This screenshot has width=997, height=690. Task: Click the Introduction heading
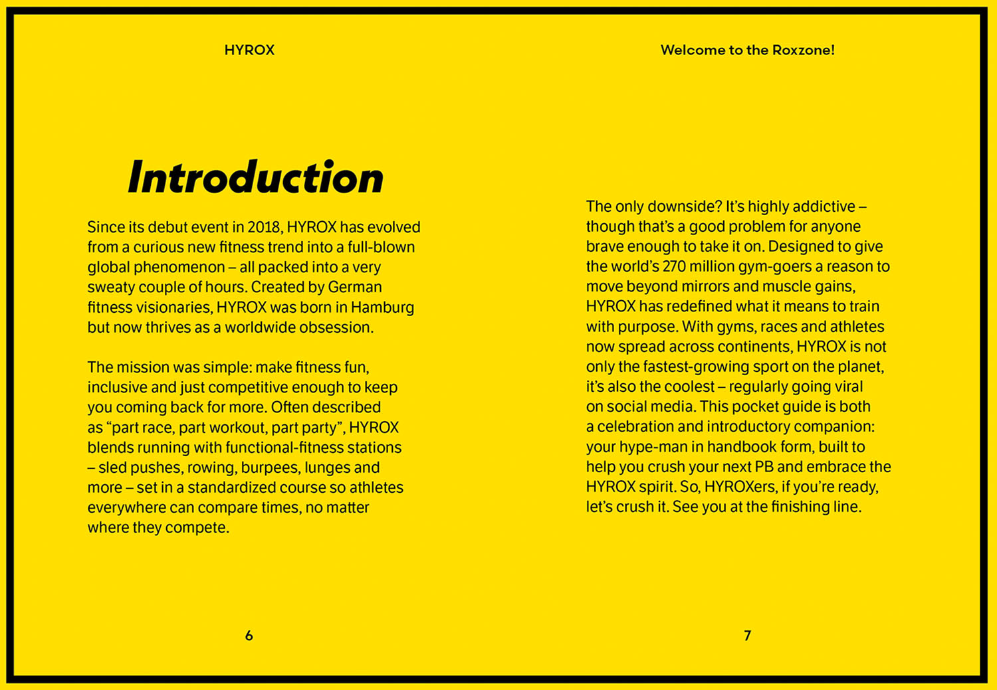pyautogui.click(x=256, y=178)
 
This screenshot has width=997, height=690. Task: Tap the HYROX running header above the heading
pyautogui.click(x=249, y=50)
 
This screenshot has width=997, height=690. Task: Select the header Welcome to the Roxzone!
pyautogui.click(x=747, y=50)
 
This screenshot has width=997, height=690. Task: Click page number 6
pyautogui.click(x=249, y=636)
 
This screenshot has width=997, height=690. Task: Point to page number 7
pyautogui.click(x=747, y=636)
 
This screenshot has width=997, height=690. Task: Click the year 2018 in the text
pyautogui.click(x=265, y=227)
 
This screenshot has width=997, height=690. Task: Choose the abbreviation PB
pyautogui.click(x=764, y=467)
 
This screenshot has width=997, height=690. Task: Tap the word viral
pyautogui.click(x=846, y=387)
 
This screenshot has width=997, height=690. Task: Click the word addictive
pyautogui.click(x=824, y=207)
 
